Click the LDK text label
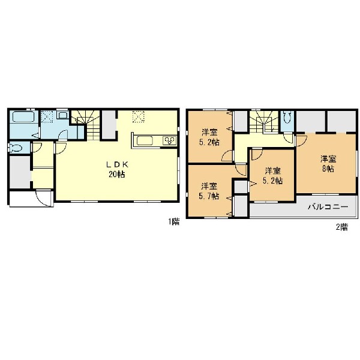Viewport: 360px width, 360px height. (116, 164)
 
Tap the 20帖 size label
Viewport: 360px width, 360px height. (116, 175)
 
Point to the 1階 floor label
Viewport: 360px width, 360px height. (174, 222)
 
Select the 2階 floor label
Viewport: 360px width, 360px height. (342, 227)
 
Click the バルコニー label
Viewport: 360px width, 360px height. (328, 207)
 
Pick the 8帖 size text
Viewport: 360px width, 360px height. (328, 169)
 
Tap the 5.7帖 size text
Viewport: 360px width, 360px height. (209, 196)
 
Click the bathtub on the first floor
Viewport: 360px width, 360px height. (23, 117)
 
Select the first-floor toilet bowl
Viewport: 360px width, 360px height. (14, 148)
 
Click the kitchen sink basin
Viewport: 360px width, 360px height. (145, 140)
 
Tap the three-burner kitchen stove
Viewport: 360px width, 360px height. (170, 140)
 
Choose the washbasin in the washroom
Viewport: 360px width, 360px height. (62, 115)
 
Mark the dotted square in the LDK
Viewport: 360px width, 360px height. (138, 117)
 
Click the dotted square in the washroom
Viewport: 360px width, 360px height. (47, 117)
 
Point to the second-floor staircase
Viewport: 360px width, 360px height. (264, 122)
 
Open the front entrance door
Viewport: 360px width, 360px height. (44, 198)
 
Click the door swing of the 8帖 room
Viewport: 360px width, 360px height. (301, 141)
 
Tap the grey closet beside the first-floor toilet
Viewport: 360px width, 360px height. (20, 172)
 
